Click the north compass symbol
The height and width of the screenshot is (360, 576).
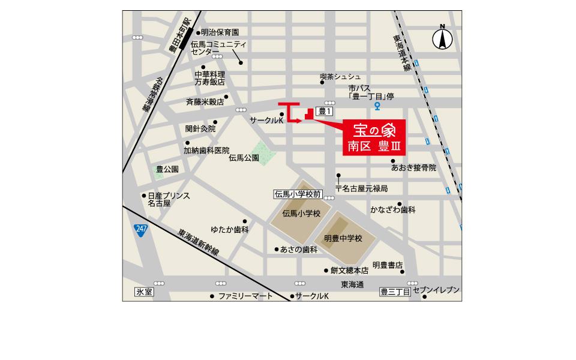tap(442, 39)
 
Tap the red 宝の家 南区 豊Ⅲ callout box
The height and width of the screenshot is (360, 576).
tap(374, 138)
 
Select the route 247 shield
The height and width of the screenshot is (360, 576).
tap(140, 230)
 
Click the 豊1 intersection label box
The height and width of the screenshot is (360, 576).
tap(325, 112)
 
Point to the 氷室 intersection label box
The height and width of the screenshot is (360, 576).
tap(145, 292)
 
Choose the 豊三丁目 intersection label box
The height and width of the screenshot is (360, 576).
tap(395, 292)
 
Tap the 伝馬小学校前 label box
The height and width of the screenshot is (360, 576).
tap(298, 194)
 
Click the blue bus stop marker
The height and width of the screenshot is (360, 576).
tap(377, 107)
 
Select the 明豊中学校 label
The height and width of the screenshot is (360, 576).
tap(343, 238)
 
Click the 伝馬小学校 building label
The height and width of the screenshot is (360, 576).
tap(301, 214)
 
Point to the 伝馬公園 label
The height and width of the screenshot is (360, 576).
tap(244, 158)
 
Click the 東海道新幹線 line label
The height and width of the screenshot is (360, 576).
tap(199, 243)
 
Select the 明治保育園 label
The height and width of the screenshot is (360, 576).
tap(220, 32)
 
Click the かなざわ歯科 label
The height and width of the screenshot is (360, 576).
tap(392, 210)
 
